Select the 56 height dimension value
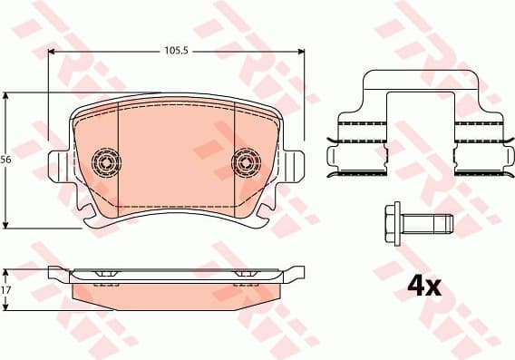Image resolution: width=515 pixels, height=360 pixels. (x=6, y=160)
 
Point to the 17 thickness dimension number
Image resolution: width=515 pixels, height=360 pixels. (x=6, y=289)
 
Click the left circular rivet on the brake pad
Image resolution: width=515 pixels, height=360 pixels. (x=108, y=161)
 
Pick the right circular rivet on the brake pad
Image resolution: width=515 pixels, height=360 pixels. (x=246, y=161)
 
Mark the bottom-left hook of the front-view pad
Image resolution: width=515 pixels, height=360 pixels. (x=87, y=219)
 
